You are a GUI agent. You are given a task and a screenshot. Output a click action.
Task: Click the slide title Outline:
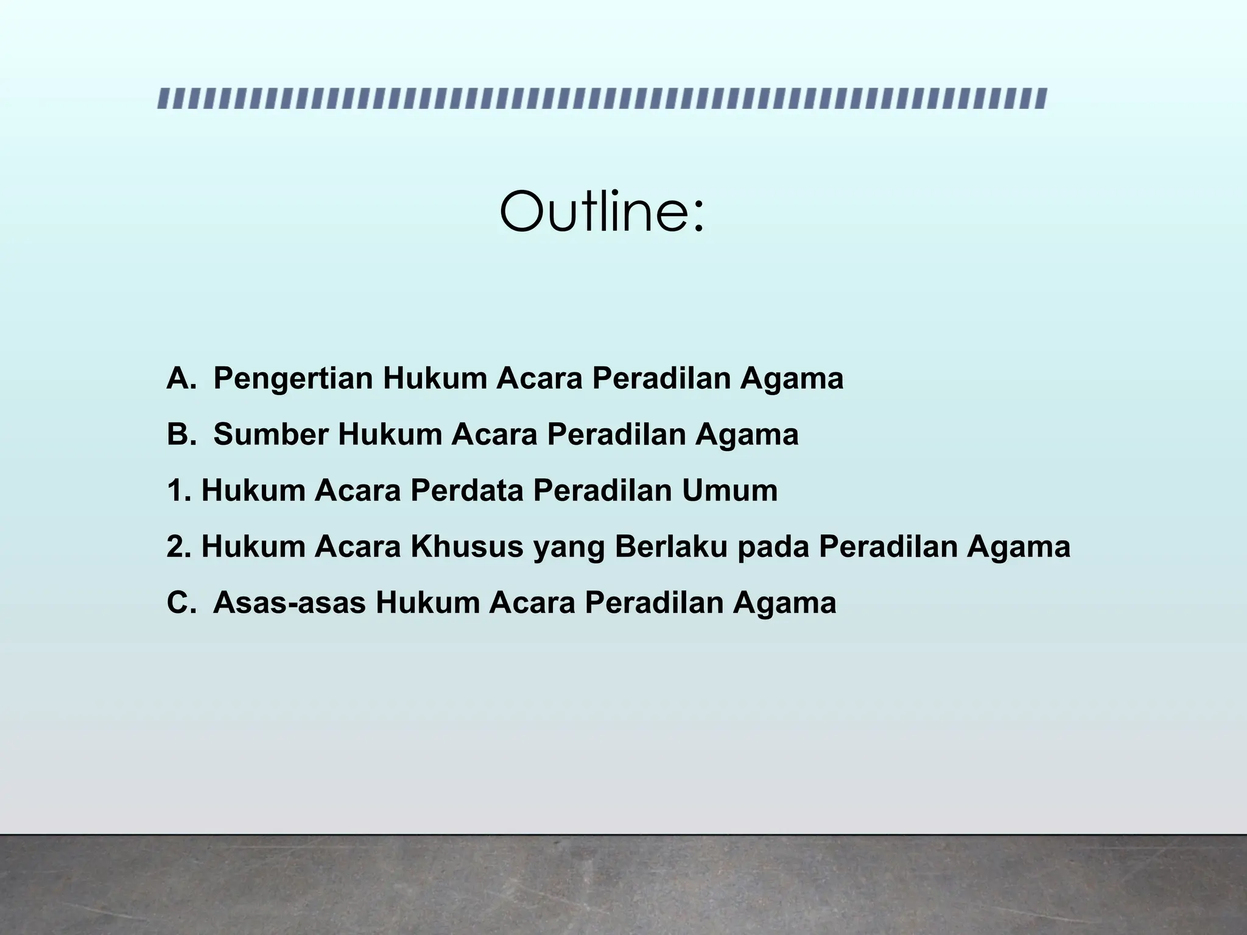coord(602,212)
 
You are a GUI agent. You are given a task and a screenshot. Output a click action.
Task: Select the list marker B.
coord(181,435)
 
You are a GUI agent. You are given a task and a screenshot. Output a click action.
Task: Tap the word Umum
coord(729,491)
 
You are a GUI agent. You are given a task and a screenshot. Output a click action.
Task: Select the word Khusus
coord(467,547)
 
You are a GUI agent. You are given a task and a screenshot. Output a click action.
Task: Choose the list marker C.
coord(181,603)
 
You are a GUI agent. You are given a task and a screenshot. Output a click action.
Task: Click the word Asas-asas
coord(289,603)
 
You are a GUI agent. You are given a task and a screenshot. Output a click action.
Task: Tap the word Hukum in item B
coord(390,435)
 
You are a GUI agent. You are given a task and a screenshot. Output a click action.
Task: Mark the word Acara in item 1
coord(357,491)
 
